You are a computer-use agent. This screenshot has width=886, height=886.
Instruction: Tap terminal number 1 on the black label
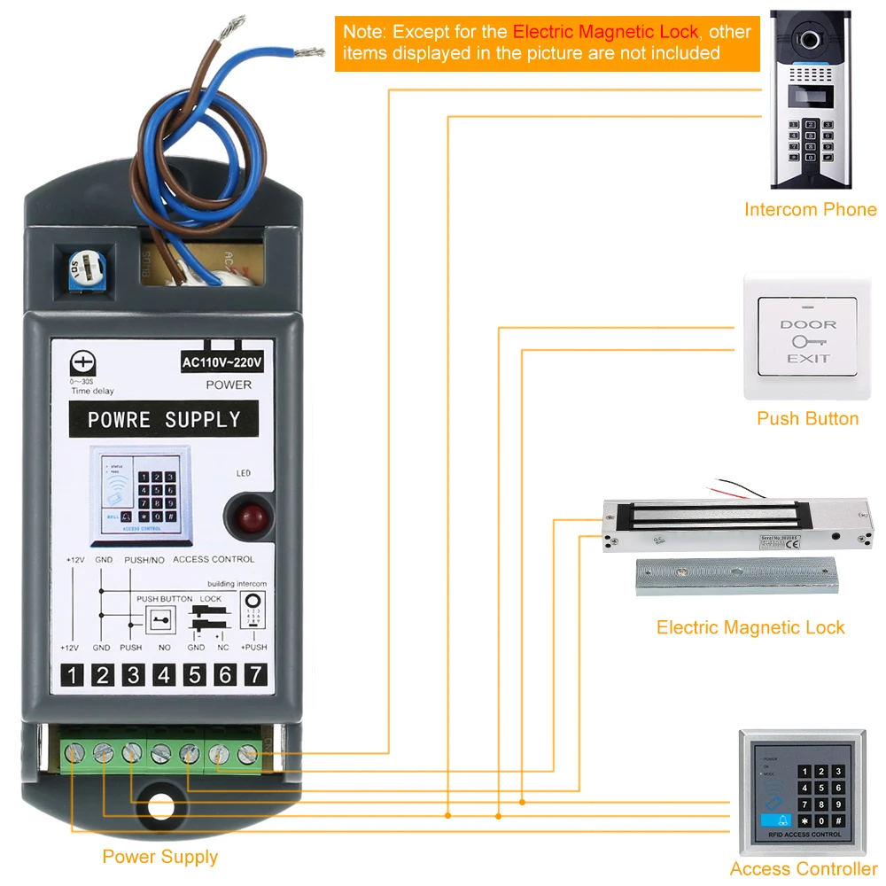(x=72, y=675)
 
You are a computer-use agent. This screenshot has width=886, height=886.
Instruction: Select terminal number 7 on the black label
(x=255, y=675)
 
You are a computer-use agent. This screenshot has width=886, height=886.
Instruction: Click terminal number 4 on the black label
(x=163, y=675)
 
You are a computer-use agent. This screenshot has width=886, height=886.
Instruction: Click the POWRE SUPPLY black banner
(x=164, y=419)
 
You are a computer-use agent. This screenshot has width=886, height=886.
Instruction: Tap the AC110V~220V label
(x=222, y=362)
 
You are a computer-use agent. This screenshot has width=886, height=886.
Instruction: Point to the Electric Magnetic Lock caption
(x=750, y=627)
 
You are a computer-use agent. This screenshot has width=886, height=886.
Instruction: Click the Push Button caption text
(x=807, y=418)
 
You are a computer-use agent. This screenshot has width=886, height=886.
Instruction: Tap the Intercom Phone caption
(x=810, y=210)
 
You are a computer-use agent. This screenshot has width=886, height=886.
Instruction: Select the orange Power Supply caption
(x=159, y=857)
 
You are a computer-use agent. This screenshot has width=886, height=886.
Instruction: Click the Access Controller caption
(x=803, y=869)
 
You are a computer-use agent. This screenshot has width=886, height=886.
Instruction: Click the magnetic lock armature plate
(x=738, y=576)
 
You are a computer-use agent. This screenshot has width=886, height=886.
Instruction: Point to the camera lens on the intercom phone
(x=806, y=40)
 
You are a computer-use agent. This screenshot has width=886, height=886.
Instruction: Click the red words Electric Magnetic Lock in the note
(x=606, y=32)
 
